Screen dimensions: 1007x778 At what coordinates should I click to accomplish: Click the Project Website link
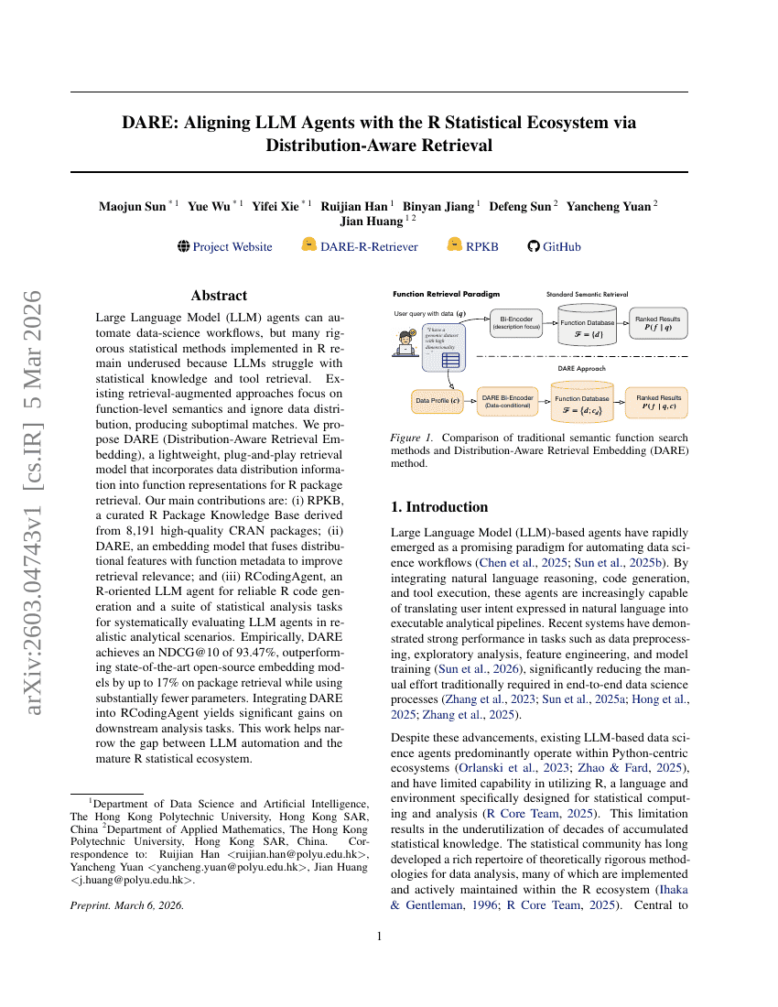tap(232, 246)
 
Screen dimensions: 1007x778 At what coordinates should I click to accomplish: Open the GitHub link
tap(561, 246)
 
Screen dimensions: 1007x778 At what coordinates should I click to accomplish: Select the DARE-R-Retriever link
tap(369, 246)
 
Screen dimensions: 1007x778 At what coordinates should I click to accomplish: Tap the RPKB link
tap(481, 246)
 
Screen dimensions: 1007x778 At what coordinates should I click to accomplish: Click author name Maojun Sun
tap(133, 205)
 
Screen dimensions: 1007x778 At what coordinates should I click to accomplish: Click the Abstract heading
tap(219, 296)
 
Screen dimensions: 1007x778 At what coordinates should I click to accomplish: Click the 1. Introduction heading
tap(439, 506)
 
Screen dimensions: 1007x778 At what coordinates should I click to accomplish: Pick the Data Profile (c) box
tap(438, 400)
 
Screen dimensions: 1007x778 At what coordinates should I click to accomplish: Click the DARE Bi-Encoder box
tap(507, 401)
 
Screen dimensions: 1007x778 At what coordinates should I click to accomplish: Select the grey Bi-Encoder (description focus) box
tap(517, 323)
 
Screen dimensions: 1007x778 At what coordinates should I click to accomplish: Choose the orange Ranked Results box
tap(659, 401)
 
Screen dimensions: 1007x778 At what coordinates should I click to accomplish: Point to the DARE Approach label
tap(584, 367)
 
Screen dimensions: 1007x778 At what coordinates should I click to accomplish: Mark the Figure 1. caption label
tap(409, 438)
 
